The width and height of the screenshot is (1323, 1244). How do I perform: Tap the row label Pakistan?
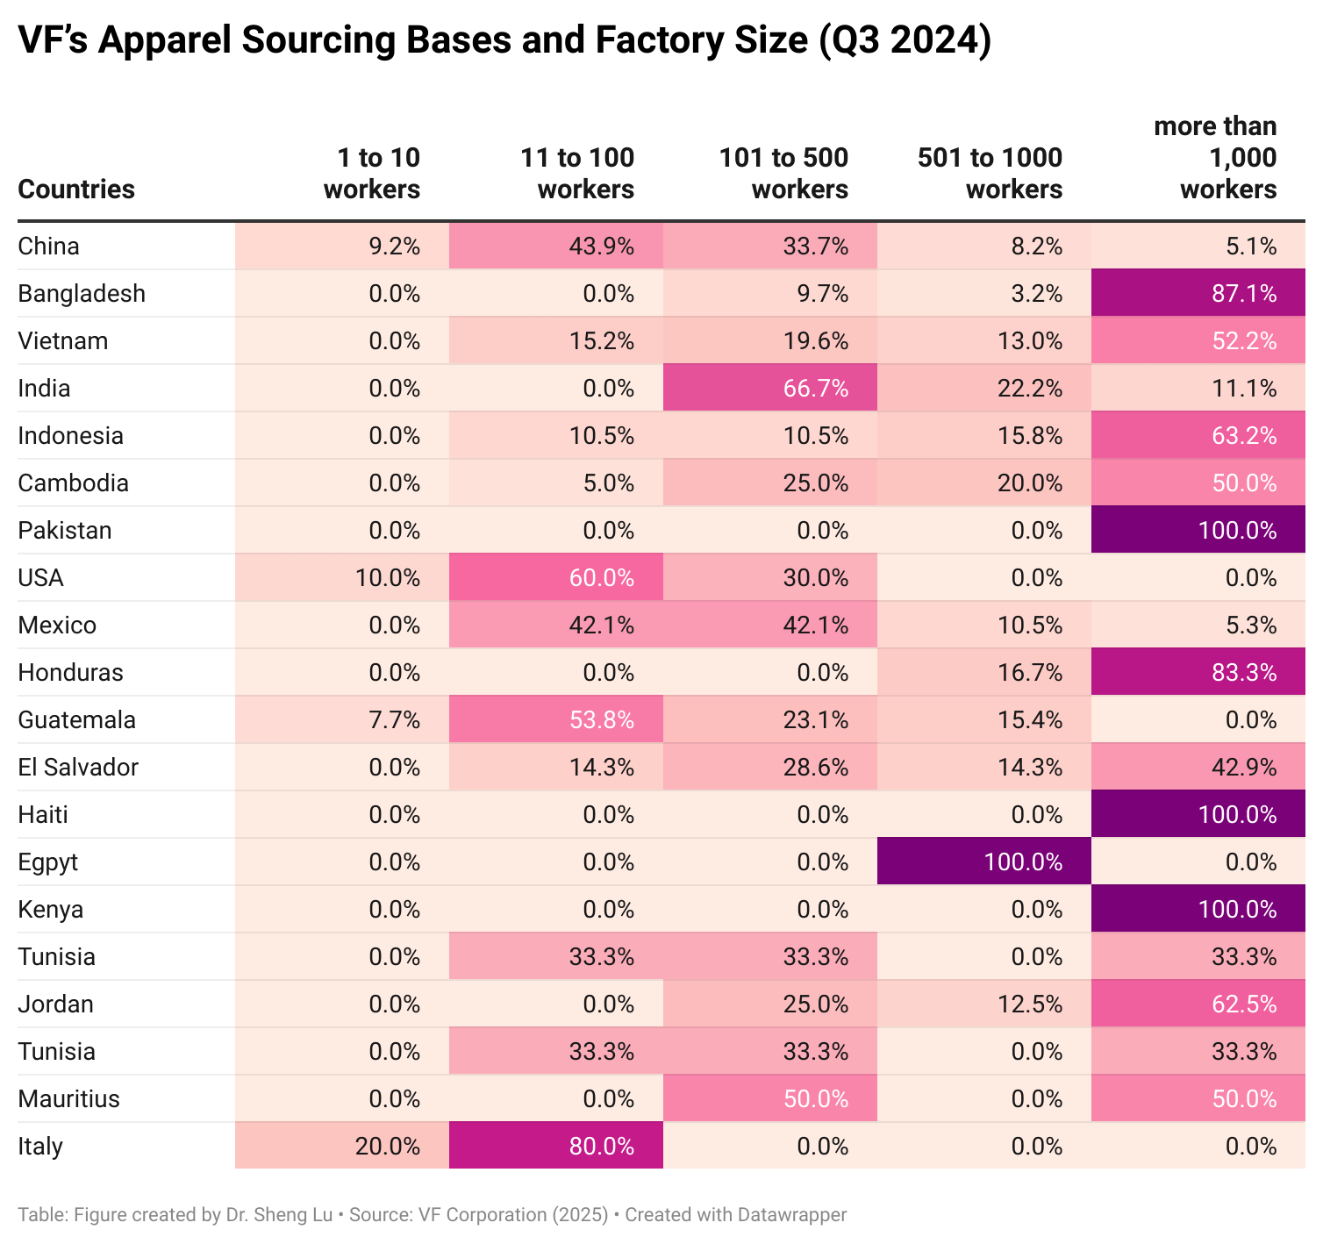65,531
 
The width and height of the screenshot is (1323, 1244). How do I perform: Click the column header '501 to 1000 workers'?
990,174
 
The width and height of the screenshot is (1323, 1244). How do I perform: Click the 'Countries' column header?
76,189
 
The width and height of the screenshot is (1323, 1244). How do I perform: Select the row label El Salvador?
78,768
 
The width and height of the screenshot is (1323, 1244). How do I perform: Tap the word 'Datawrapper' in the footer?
791,1215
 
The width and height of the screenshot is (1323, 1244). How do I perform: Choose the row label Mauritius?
68,1099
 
